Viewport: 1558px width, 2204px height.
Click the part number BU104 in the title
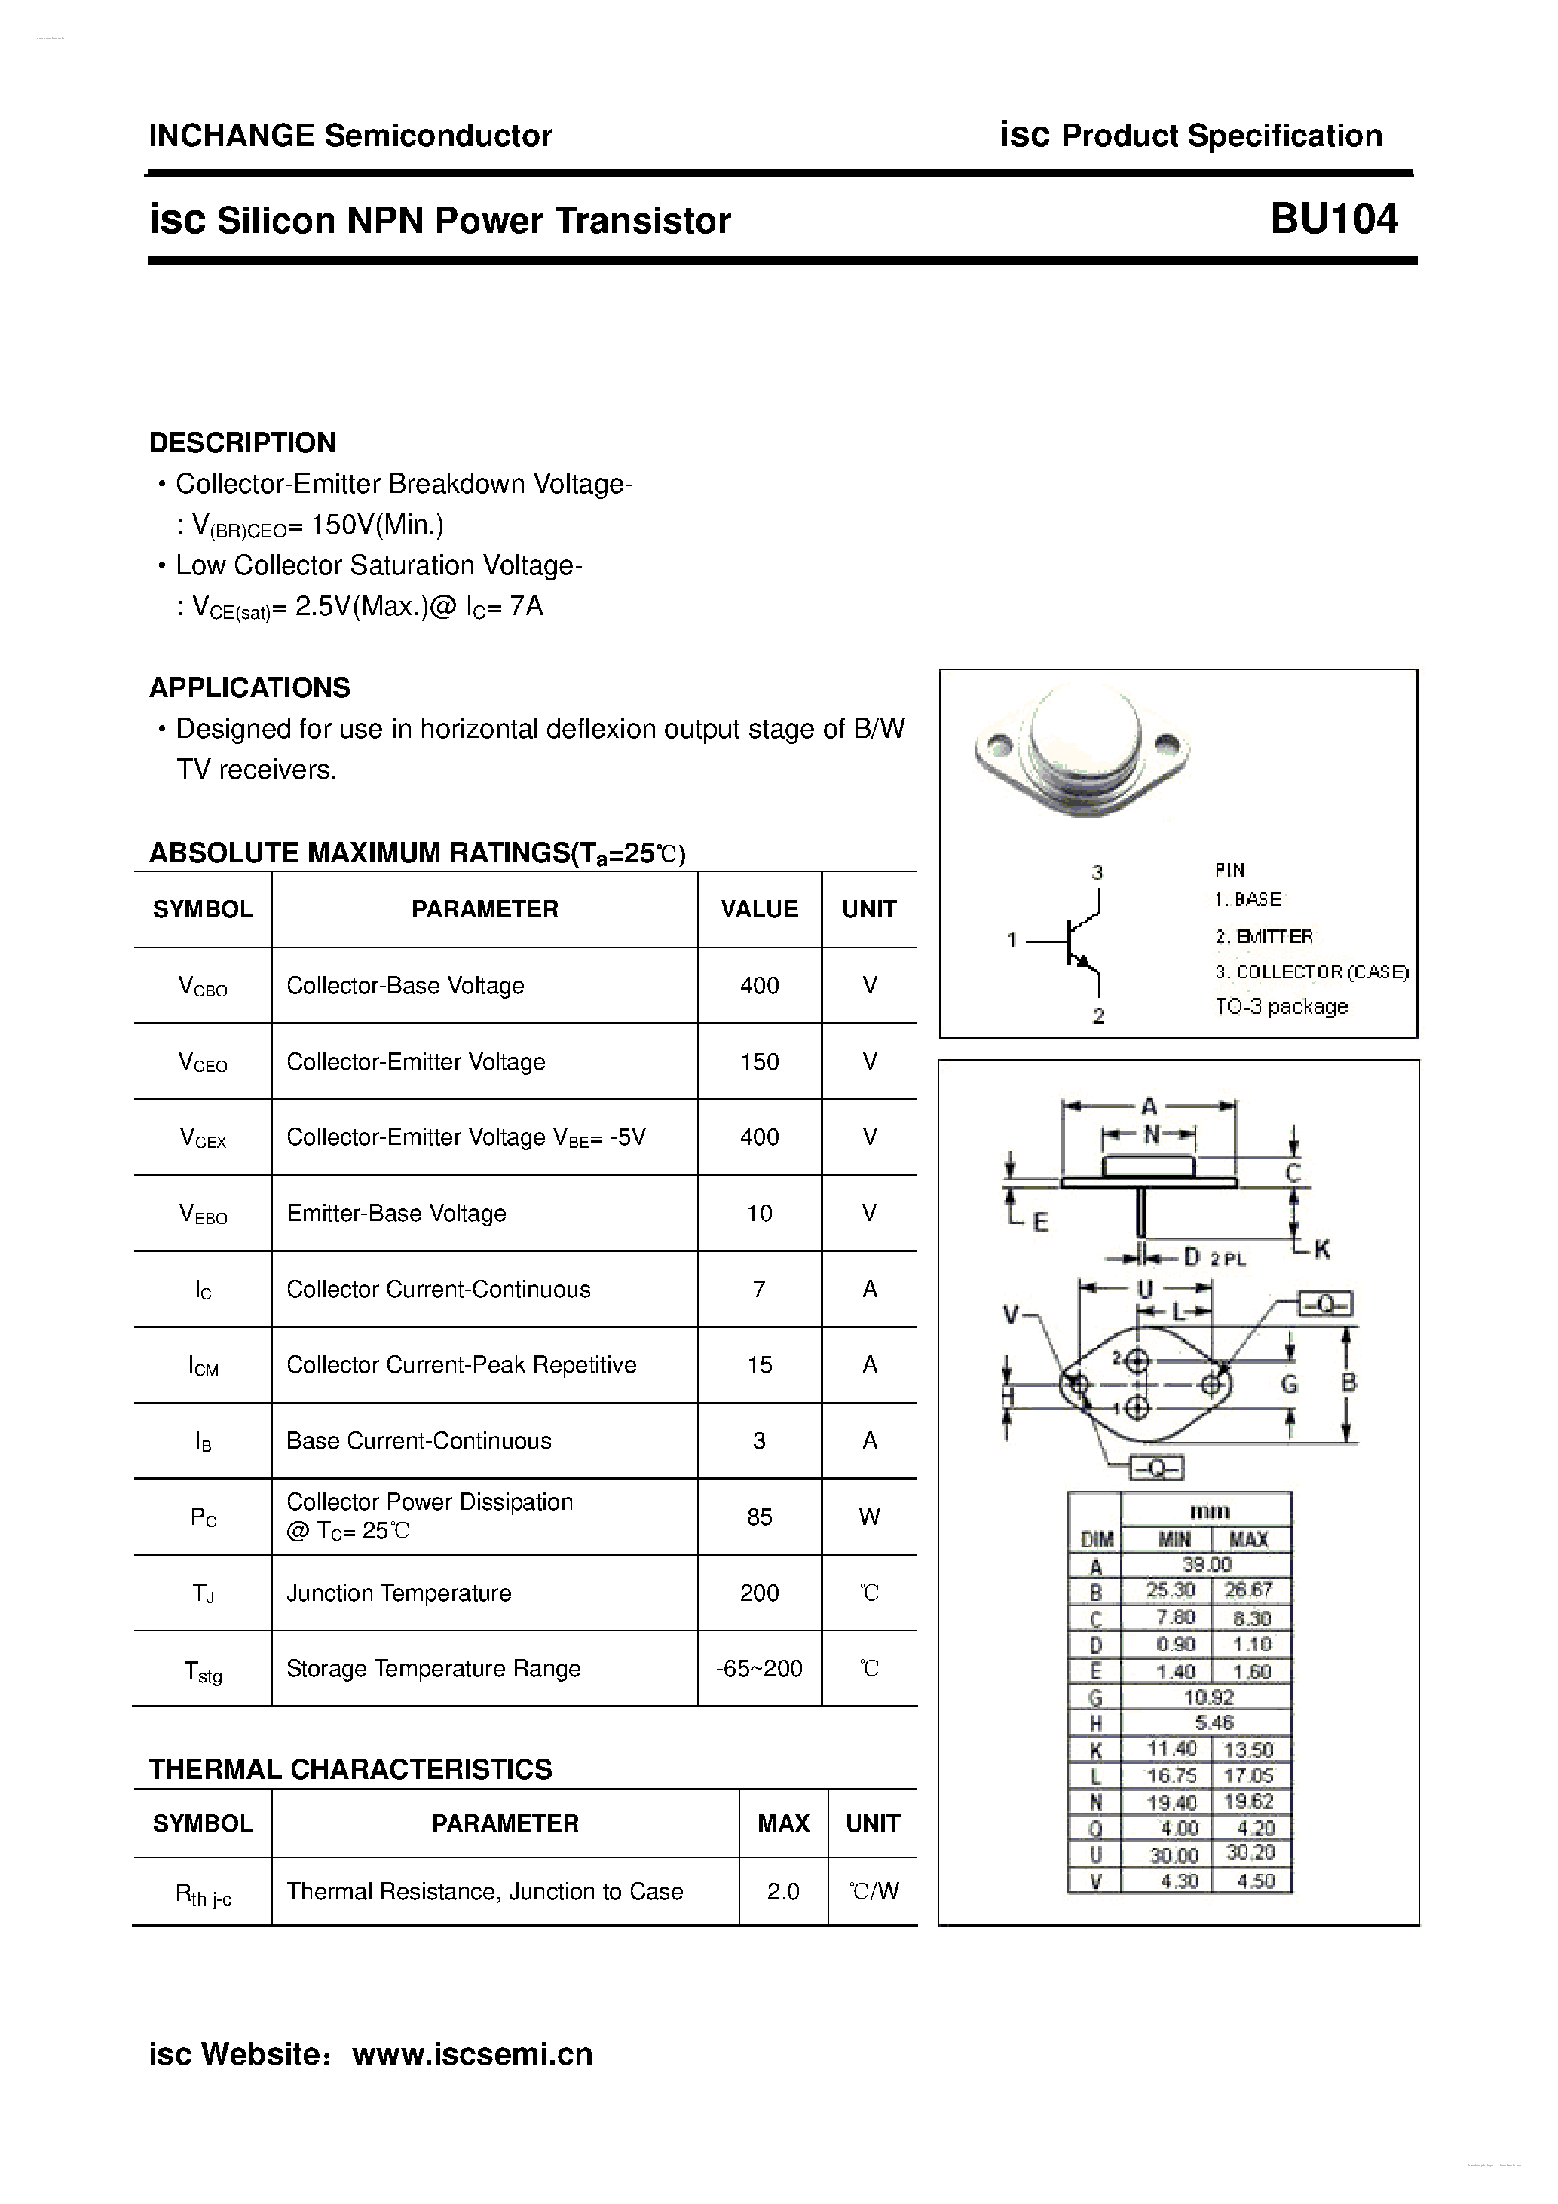tap(1333, 220)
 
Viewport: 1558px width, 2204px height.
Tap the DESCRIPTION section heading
tap(242, 442)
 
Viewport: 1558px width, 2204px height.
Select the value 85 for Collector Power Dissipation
tap(758, 1517)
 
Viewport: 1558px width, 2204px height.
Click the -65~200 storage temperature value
tap(758, 1668)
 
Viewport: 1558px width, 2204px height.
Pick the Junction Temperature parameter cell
tap(399, 1593)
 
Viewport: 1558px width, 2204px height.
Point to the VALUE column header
tap(758, 909)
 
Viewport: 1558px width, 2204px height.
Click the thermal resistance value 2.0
tap(782, 1891)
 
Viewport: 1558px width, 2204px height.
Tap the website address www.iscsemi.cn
tap(473, 2054)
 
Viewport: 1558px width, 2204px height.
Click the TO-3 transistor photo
tap(1081, 751)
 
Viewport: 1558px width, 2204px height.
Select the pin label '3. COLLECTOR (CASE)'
tap(1312, 972)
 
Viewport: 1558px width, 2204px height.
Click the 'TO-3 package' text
tap(1281, 1006)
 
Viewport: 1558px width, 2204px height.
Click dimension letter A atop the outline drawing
tap(1148, 1107)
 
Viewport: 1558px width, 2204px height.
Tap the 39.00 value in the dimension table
tap(1206, 1564)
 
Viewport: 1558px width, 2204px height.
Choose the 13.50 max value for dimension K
tap(1248, 1749)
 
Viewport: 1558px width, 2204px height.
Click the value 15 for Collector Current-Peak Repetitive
tap(758, 1364)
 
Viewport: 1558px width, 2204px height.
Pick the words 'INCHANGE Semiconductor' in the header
tap(350, 136)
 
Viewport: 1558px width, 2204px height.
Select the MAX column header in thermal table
tap(782, 1823)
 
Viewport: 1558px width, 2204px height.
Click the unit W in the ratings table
tap(869, 1517)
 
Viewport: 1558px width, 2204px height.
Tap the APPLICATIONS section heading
tap(249, 687)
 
